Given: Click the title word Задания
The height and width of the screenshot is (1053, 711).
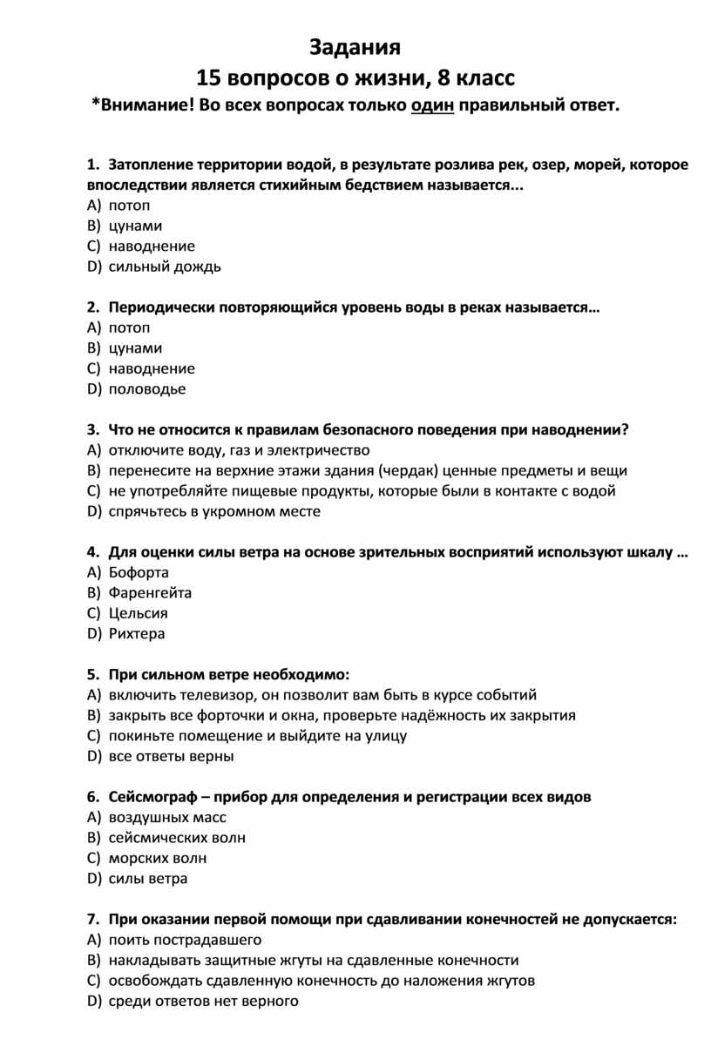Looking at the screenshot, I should tap(355, 47).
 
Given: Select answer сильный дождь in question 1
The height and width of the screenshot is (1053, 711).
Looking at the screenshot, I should tap(165, 267).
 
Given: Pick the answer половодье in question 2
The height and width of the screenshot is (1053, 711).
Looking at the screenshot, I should tap(147, 389).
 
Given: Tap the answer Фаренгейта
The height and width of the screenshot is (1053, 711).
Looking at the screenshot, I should tap(150, 593).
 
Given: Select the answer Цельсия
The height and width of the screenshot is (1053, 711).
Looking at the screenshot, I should tap(139, 613).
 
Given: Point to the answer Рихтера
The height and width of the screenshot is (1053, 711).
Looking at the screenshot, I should tap(137, 634).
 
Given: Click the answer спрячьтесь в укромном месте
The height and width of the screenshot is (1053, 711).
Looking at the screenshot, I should tap(214, 511).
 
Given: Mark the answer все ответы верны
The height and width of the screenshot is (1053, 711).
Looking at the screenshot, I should tap(172, 756).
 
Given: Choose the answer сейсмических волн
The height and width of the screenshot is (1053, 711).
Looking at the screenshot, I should tap(177, 838).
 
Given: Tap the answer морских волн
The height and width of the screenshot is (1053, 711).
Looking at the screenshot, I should tap(158, 858).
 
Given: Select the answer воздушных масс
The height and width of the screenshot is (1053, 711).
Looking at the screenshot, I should tap(167, 817).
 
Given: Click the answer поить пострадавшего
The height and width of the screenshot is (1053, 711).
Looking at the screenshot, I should tap(185, 940).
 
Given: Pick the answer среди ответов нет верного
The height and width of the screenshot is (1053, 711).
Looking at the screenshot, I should tap(204, 1001).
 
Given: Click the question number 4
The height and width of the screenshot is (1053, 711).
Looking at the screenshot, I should tap(91, 552).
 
